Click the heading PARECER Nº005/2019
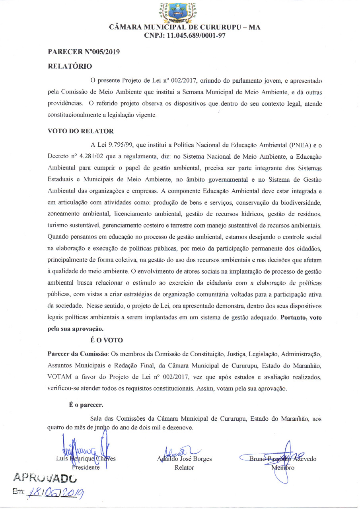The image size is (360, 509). (x=84, y=52)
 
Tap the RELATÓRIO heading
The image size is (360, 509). (x=70, y=66)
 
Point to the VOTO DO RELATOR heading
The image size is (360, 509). (x=80, y=131)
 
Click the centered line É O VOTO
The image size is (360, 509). (x=107, y=340)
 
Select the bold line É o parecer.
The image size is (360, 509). (x=86, y=405)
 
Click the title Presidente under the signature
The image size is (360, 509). (x=86, y=467)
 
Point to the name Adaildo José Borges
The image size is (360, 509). (x=185, y=459)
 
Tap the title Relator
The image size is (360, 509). (x=184, y=468)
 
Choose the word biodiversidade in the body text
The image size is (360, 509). (x=300, y=202)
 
